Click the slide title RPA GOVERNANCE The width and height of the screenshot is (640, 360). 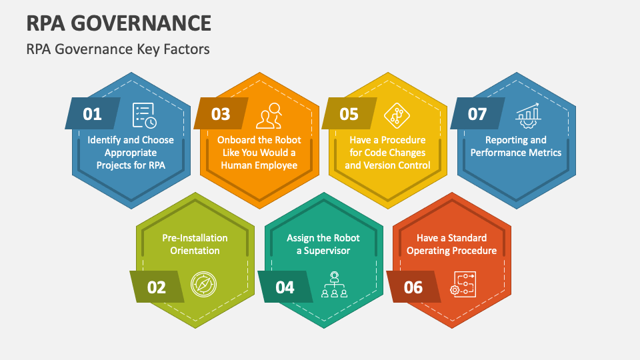(x=119, y=23)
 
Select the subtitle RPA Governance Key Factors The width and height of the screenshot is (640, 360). (x=118, y=49)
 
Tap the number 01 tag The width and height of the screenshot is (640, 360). (x=92, y=114)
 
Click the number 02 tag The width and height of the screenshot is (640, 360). (x=156, y=287)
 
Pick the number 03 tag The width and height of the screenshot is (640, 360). (x=220, y=114)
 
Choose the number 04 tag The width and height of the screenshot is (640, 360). (x=285, y=287)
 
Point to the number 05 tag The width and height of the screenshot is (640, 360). (x=349, y=114)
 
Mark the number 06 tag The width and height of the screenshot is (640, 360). (x=413, y=287)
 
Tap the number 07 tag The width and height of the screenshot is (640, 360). (x=477, y=114)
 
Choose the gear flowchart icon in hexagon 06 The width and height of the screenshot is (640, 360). (x=463, y=284)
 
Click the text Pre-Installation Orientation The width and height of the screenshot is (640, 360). (x=195, y=244)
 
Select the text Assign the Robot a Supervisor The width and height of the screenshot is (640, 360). (x=323, y=244)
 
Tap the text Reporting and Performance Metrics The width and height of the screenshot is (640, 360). (x=516, y=146)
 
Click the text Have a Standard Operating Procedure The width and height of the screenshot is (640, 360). (x=452, y=244)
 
